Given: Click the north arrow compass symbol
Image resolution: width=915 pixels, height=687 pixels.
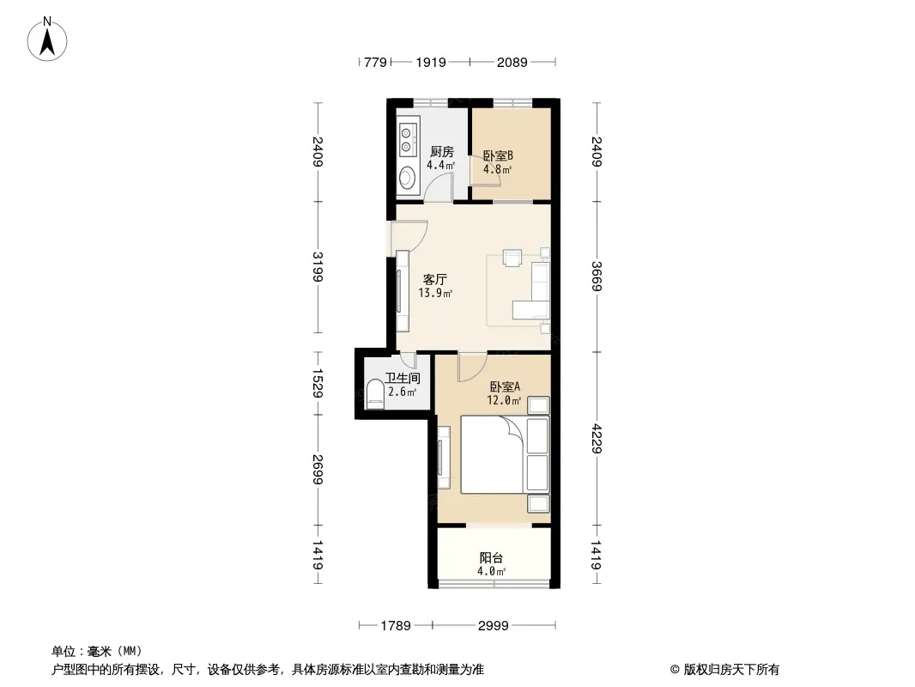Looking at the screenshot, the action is [x=47, y=40].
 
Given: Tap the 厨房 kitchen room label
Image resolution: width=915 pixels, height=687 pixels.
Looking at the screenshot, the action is [x=442, y=152].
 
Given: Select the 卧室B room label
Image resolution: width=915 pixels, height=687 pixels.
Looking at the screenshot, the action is [x=498, y=155].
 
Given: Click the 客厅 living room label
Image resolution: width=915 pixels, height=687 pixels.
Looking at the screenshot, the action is [x=434, y=280].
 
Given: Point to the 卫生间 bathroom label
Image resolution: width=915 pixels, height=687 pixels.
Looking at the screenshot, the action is [x=403, y=379].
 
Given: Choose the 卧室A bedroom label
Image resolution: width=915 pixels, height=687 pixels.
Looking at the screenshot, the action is [x=505, y=387].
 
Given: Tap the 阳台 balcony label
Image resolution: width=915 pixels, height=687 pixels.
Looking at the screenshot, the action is [x=491, y=558].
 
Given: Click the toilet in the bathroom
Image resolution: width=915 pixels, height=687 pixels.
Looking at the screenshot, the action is [x=375, y=394].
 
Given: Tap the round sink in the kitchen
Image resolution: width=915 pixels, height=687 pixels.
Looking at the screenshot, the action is [x=407, y=178].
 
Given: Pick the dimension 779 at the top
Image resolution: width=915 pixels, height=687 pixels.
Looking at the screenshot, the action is [x=375, y=62].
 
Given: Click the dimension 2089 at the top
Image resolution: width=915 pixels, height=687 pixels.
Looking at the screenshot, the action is [x=512, y=62].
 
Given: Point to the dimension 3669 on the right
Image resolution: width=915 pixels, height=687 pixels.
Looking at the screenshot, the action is [x=597, y=276].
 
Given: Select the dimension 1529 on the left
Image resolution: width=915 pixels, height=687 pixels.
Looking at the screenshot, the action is [x=318, y=383].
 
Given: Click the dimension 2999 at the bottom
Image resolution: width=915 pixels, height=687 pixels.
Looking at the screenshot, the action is [x=493, y=626].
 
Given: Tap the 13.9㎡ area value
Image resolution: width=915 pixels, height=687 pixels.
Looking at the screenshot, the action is [x=435, y=293].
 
